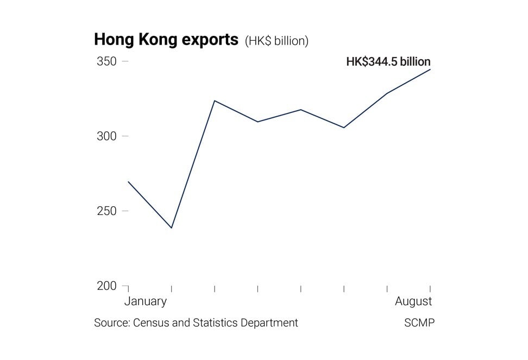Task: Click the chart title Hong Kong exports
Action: pos(166,40)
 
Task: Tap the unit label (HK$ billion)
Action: pos(276,41)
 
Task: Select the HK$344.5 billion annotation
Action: pos(388,61)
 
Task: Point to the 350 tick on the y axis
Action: pos(106,61)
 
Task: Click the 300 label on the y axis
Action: pos(106,136)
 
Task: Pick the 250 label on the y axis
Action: pos(106,211)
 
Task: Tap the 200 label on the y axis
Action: pos(106,286)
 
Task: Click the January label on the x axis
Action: pos(146,301)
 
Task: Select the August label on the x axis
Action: pos(413,301)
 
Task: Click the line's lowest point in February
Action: pos(172,228)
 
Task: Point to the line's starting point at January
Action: pos(128,181)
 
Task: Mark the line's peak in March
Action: pos(215,100)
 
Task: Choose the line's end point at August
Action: pos(430,70)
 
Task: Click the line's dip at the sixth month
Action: pos(344,128)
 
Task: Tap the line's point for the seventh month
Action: pos(387,93)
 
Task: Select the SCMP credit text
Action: pos(419,323)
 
